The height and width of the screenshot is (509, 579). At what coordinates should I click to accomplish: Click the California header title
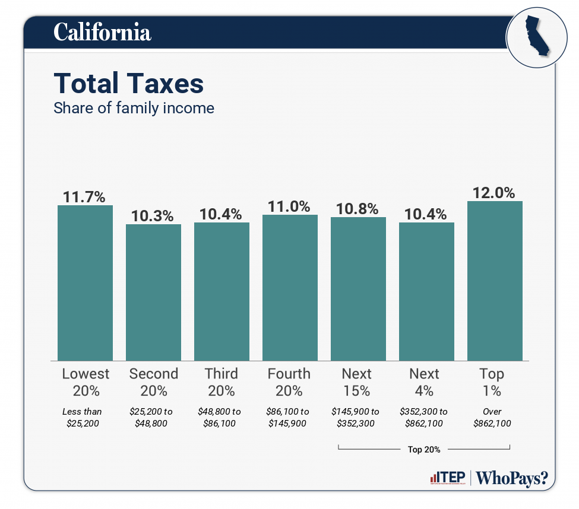[102, 32]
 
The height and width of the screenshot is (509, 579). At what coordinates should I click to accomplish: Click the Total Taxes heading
[129, 84]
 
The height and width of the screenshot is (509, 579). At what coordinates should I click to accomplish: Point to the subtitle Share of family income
[134, 109]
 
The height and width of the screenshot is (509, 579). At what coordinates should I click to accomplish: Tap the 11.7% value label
[85, 197]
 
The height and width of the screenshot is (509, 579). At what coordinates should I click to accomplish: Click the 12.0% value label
[493, 193]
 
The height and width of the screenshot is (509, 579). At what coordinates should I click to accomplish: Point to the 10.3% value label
[153, 216]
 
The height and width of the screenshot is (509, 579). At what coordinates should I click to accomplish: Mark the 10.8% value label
[357, 209]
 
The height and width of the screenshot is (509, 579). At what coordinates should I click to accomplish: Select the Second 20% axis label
[153, 382]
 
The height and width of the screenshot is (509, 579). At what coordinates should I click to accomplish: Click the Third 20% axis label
[222, 382]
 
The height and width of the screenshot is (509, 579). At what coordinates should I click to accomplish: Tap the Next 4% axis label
[425, 382]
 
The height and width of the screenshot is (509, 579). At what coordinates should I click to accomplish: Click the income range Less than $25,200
[82, 417]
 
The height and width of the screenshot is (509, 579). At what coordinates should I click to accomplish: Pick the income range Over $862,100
[492, 417]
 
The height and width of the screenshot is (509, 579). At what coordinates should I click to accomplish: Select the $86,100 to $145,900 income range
[289, 417]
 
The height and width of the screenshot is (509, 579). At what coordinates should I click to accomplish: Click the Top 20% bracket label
[424, 449]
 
